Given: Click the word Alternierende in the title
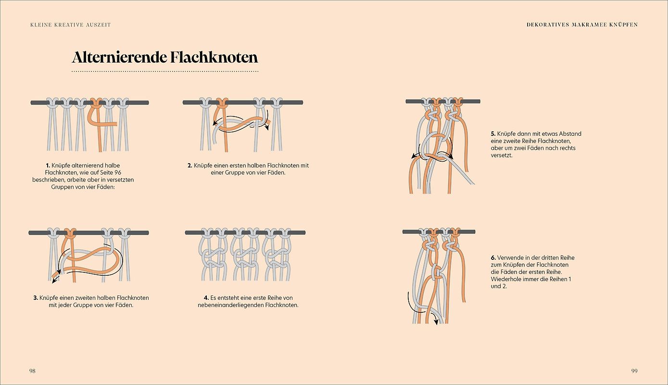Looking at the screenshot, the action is click(119, 57).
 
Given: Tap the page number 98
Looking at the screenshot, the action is click(32, 371).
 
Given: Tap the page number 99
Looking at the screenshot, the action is click(634, 371).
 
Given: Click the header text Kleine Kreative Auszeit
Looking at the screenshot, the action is click(70, 25).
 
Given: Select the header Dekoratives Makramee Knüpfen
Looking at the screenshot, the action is click(582, 25).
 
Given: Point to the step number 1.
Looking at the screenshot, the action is click(48, 166).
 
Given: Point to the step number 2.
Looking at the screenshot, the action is click(189, 166).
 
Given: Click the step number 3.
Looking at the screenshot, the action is click(36, 298).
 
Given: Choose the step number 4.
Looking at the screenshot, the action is click(206, 298).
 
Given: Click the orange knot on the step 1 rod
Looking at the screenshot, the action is click(96, 103).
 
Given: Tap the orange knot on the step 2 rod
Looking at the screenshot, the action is click(221, 103).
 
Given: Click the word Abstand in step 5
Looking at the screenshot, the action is click(570, 134).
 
